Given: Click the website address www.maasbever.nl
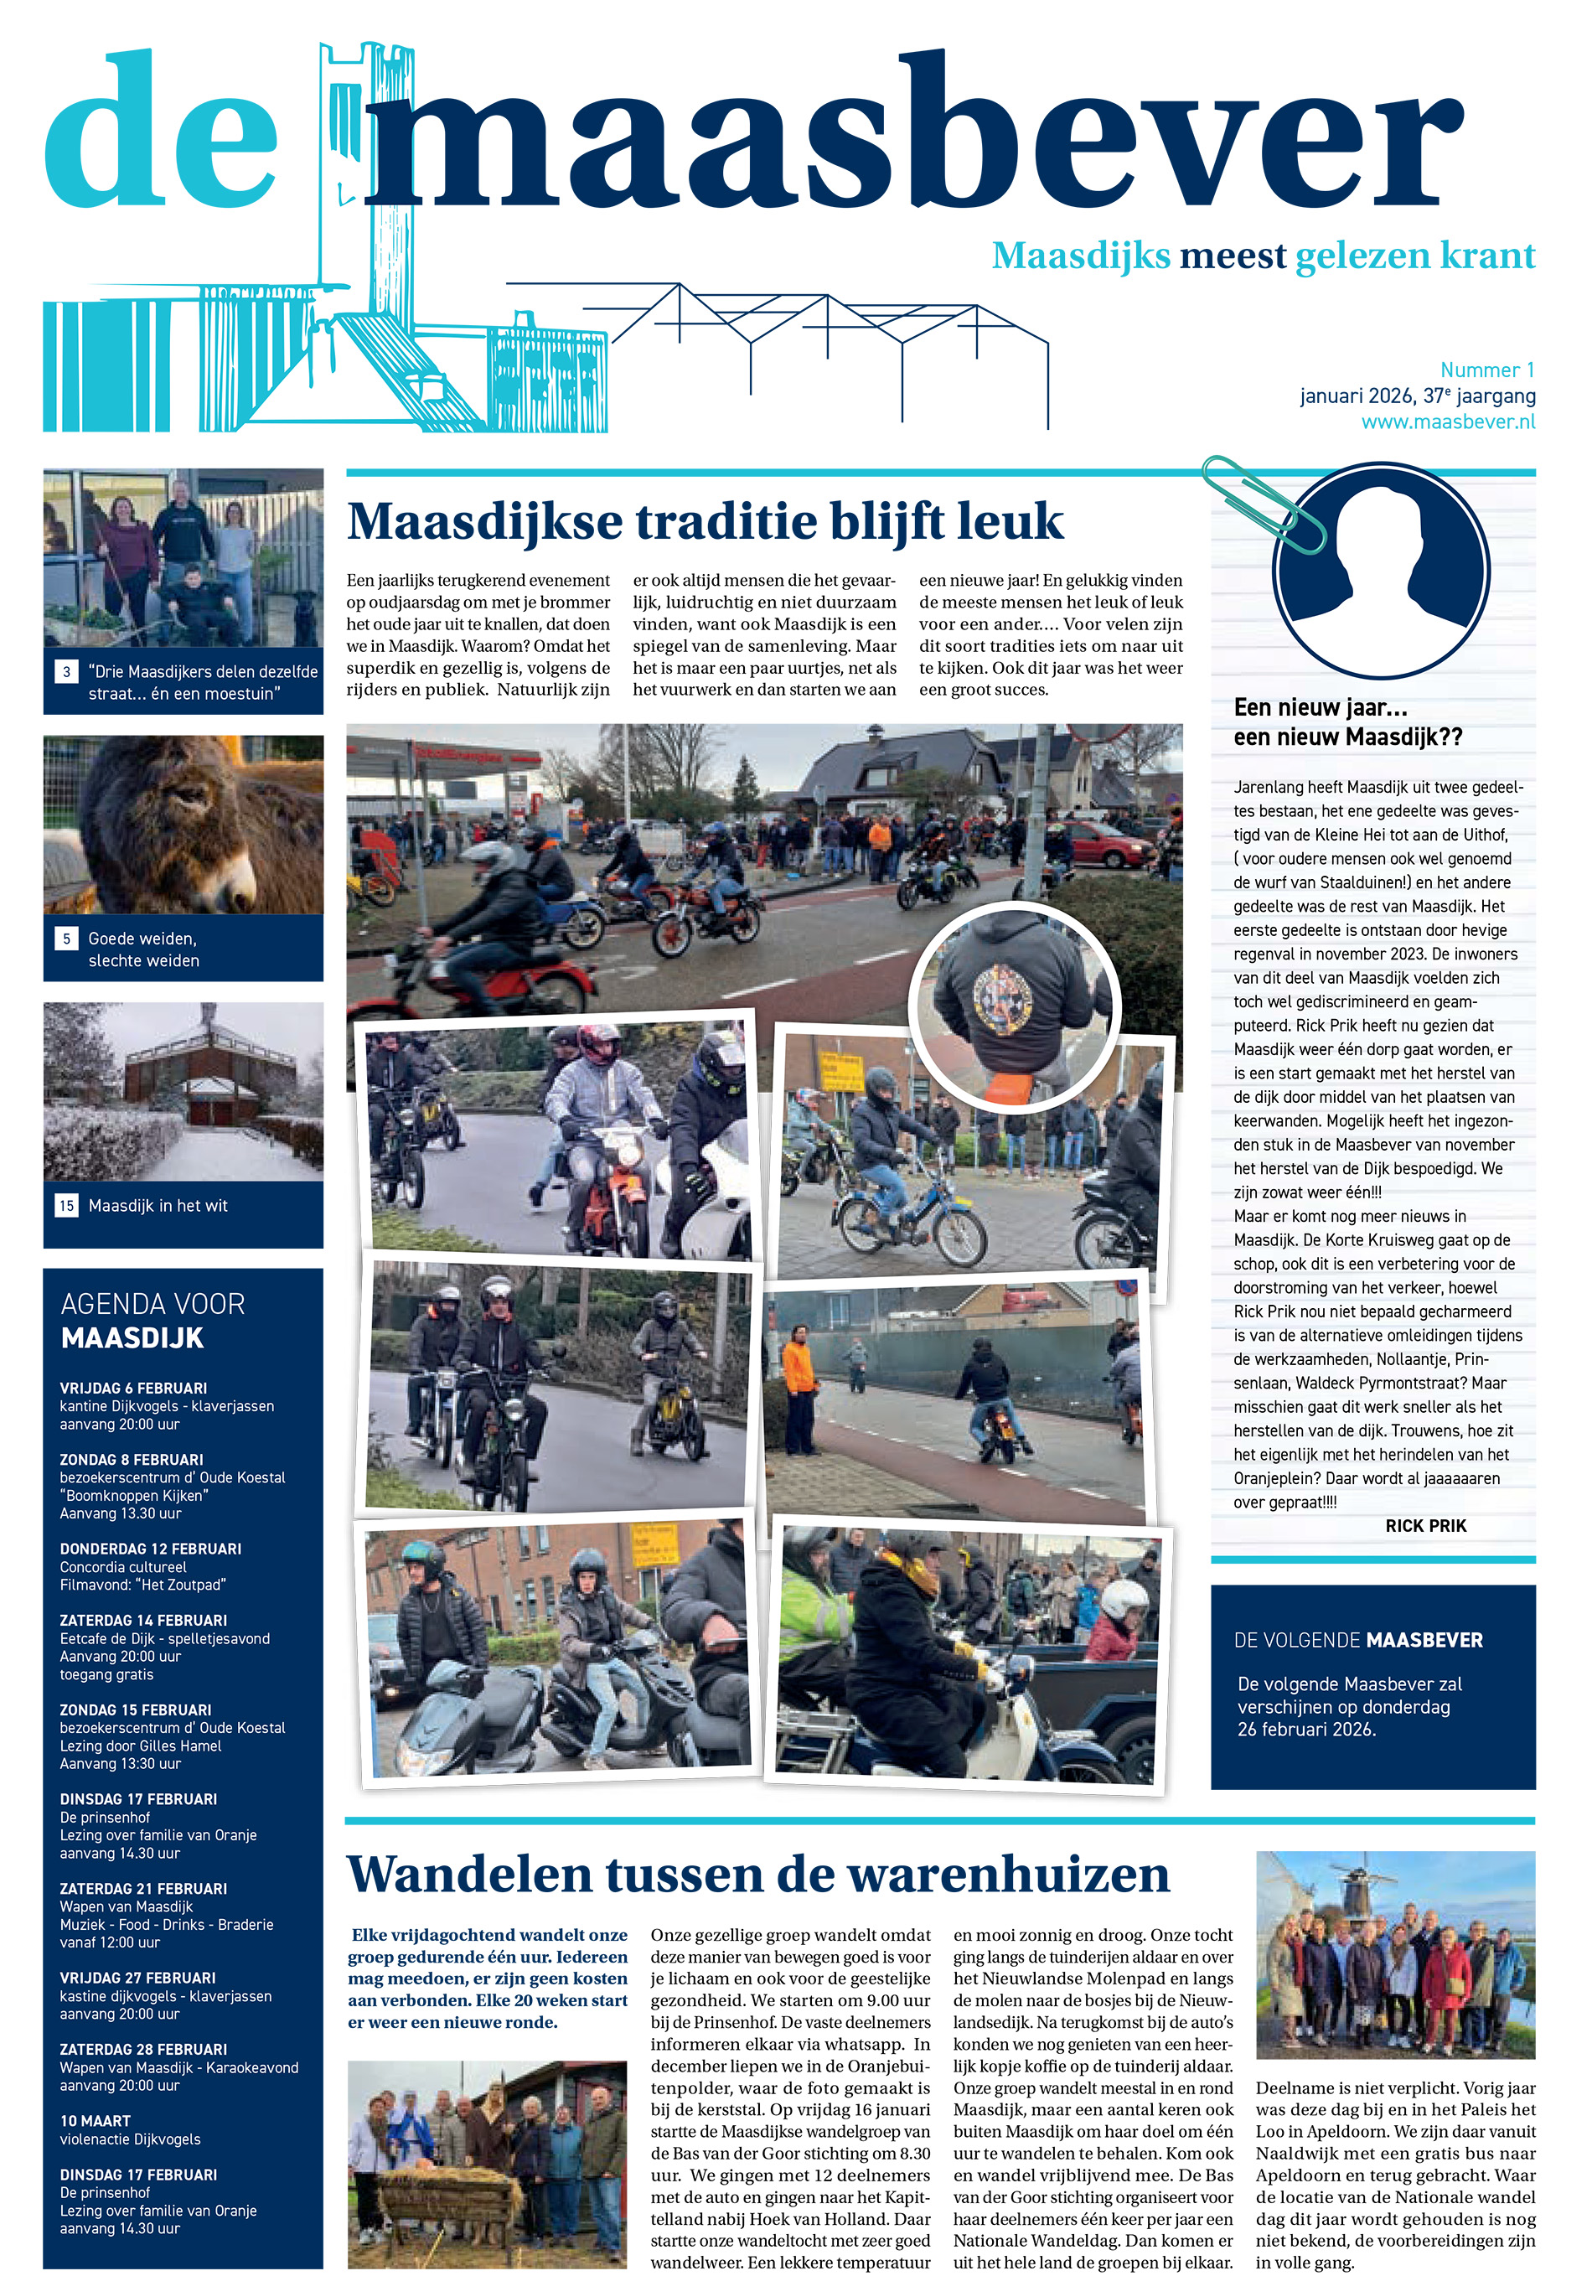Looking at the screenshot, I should (x=1447, y=422).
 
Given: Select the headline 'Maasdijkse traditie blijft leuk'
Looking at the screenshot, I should (x=705, y=521).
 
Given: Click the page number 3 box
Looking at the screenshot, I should (x=66, y=671).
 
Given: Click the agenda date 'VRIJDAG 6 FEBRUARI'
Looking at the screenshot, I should (x=133, y=1388).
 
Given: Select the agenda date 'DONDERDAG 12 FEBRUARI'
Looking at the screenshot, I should (x=150, y=1549).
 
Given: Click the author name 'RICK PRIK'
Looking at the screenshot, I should (x=1425, y=1526).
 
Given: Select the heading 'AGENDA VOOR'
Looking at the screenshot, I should (x=152, y=1304).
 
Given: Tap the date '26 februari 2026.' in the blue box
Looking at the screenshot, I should (x=1305, y=1730).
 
